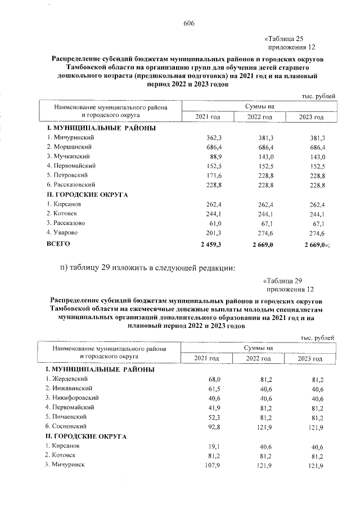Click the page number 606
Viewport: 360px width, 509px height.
188,22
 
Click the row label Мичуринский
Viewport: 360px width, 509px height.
71,137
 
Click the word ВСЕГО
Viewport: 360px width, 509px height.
58,245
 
